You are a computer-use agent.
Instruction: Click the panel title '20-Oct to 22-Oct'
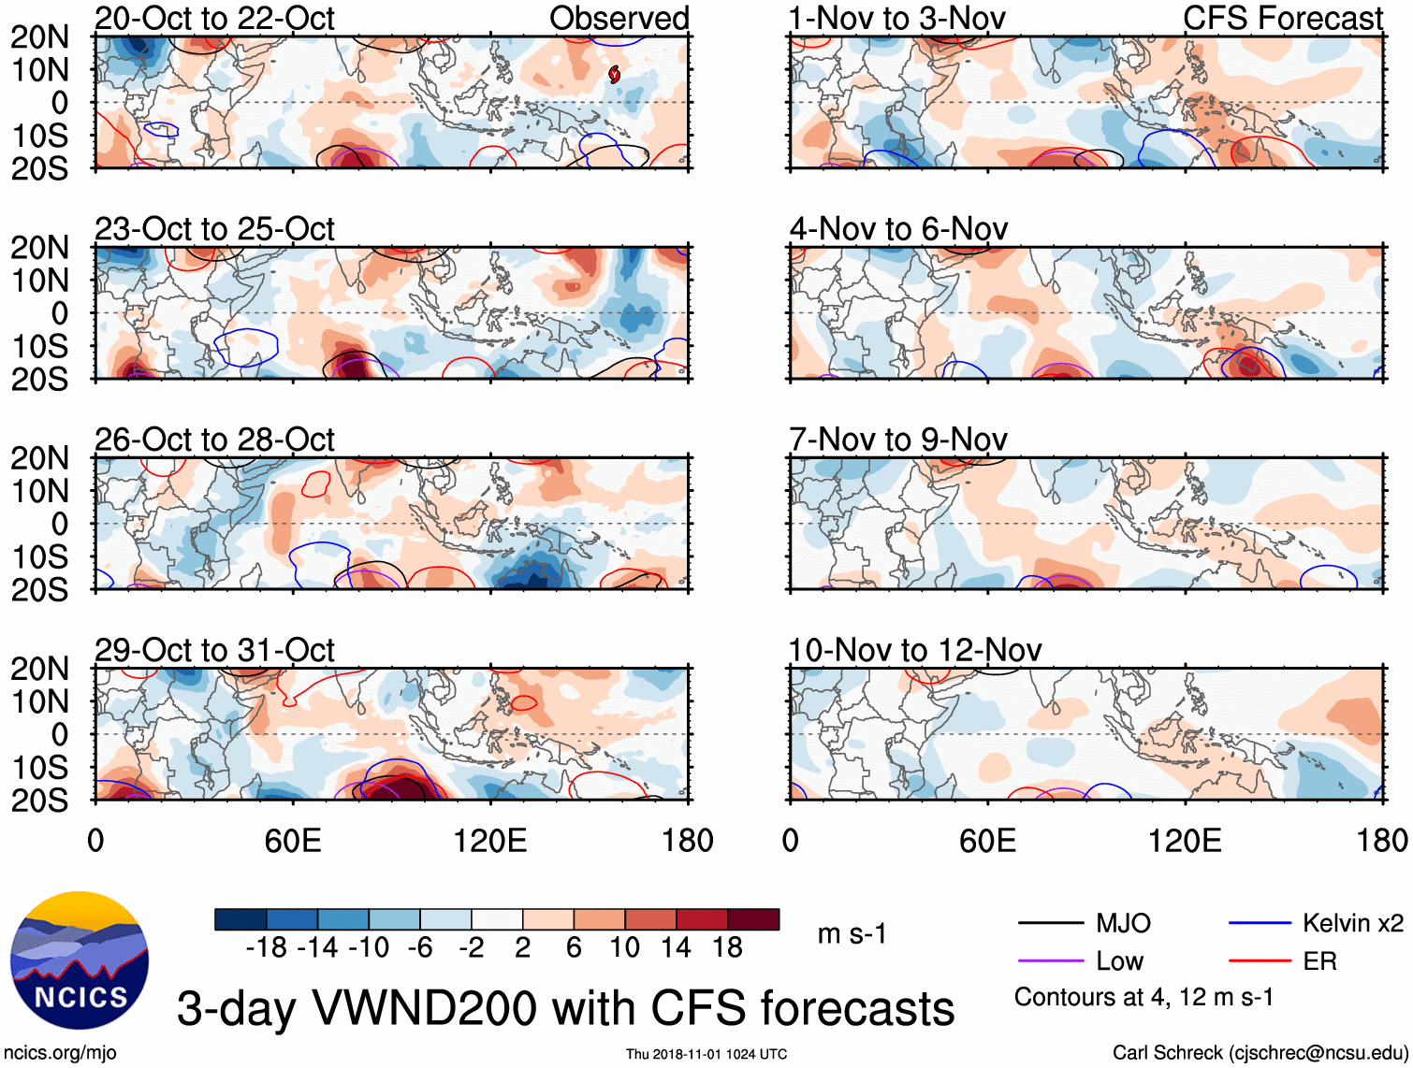214,19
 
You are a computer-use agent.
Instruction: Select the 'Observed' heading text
619,19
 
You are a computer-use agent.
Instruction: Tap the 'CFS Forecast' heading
1282,19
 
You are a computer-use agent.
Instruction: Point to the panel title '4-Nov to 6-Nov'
898,229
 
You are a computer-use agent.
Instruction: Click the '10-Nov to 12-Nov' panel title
914,650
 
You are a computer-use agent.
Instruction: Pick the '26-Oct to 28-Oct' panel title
214,440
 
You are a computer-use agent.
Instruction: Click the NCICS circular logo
80,960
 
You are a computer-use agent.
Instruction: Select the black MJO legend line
1050,924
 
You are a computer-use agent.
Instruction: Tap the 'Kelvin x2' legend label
1352,924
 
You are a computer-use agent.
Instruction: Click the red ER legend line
1260,960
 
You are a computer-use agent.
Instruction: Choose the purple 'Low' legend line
1050,960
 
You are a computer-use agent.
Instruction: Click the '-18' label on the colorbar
266,948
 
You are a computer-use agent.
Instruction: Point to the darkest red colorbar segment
753,919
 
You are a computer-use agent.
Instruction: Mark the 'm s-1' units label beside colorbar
852,934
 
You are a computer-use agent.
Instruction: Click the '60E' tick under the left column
293,841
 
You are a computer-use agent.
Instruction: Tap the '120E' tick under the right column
1185,841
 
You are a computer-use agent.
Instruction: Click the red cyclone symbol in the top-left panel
614,74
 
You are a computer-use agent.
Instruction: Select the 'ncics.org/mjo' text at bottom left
60,1053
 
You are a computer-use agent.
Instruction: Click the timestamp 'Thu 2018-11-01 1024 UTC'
706,1054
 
